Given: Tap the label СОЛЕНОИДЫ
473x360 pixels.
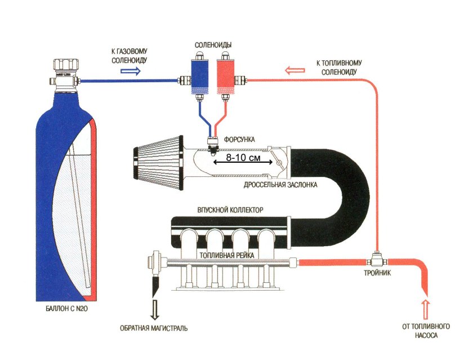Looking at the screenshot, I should pos(213,44).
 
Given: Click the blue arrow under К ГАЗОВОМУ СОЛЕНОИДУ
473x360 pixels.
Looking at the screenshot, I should pos(131,72).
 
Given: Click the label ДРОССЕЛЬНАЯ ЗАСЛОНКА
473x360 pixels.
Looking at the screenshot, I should pos(282,185).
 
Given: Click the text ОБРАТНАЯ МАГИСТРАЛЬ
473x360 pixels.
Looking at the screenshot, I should pos(154,328).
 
